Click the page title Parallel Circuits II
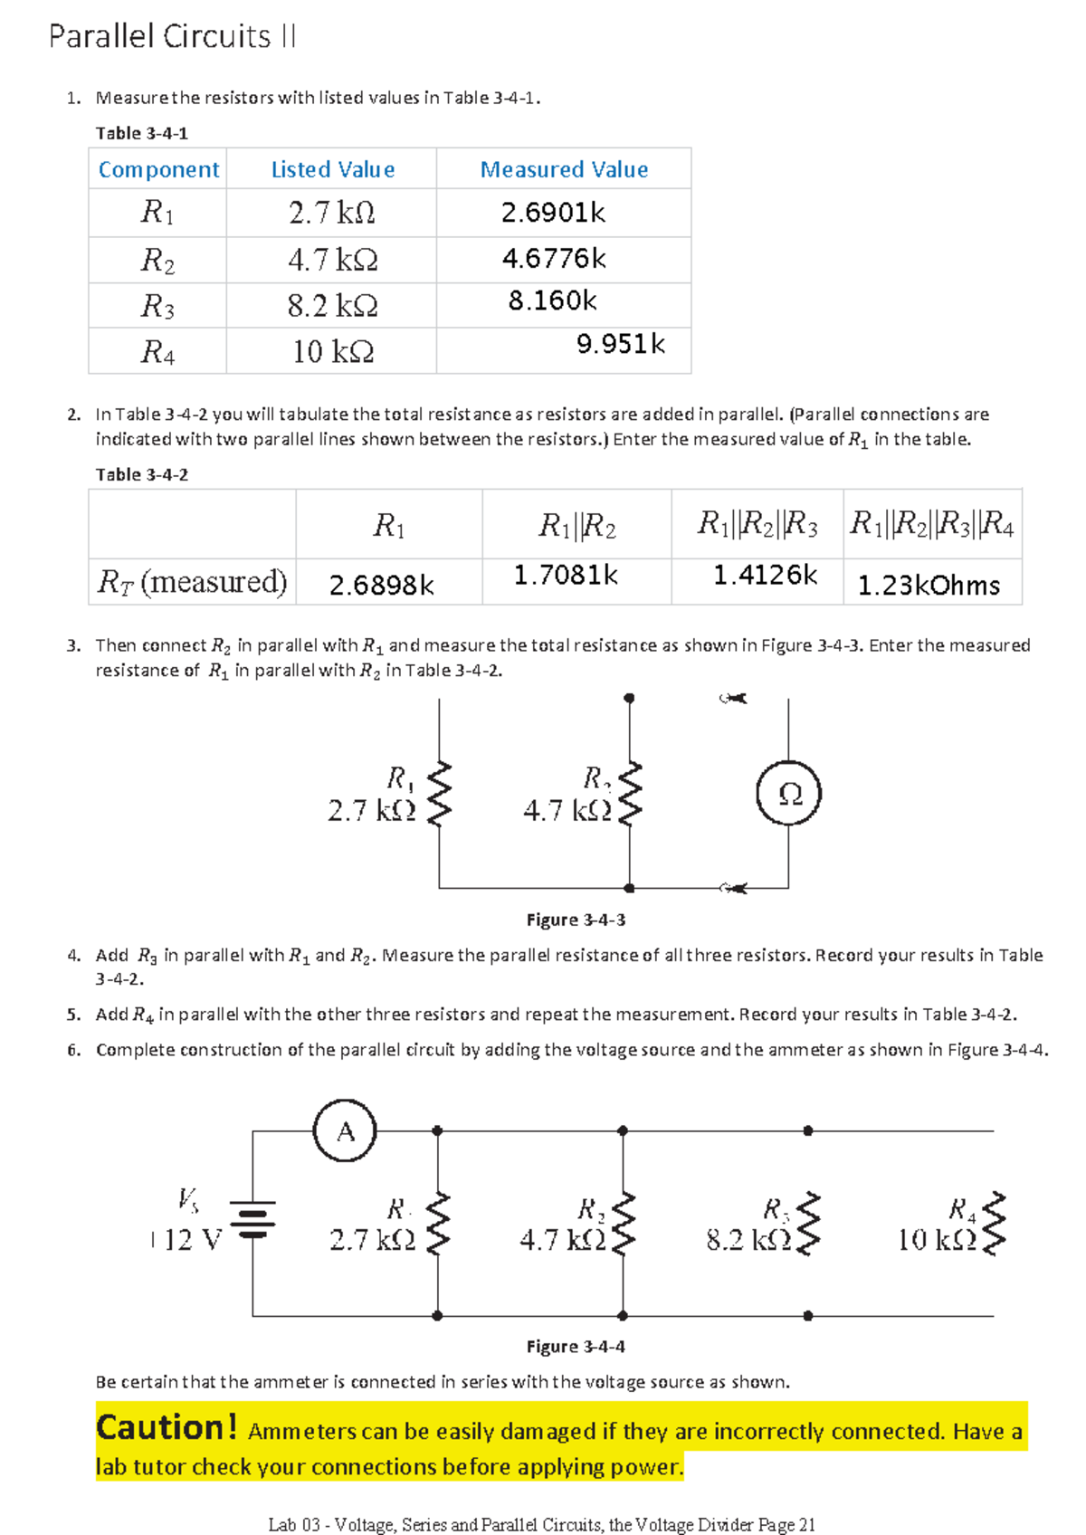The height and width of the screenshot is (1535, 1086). click(172, 36)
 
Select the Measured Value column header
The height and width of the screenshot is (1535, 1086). click(564, 169)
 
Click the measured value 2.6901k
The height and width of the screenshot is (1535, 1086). click(553, 213)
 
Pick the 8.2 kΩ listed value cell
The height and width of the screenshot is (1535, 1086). click(332, 306)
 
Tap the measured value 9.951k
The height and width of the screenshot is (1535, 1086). click(620, 344)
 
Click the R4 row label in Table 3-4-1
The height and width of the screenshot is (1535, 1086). click(157, 352)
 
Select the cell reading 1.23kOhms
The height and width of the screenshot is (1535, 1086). click(929, 586)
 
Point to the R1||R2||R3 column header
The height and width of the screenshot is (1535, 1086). click(757, 524)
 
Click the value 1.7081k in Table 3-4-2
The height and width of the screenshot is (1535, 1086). click(566, 575)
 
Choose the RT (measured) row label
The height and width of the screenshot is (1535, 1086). click(192, 582)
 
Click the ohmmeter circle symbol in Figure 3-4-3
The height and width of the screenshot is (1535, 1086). click(788, 794)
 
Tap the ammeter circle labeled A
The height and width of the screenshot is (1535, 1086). click(345, 1131)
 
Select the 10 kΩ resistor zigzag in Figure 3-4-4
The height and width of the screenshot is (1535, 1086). click(994, 1224)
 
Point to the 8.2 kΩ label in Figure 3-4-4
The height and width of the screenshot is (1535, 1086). click(748, 1240)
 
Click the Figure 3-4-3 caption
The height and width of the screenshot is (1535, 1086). click(576, 920)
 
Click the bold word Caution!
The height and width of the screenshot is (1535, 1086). click(167, 1427)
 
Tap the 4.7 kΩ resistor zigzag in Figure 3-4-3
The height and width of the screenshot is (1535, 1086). click(629, 794)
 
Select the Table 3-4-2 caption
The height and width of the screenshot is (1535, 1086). click(142, 474)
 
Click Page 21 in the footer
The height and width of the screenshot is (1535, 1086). click(786, 1524)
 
